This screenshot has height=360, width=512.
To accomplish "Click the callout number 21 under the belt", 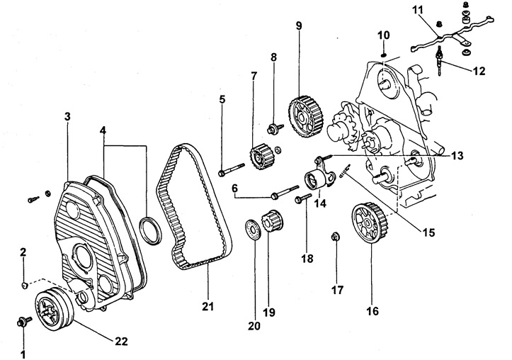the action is pyautogui.click(x=207, y=306).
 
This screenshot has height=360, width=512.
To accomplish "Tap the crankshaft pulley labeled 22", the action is pyautogui.click(x=55, y=310).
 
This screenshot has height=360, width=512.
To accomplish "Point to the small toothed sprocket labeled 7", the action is pyautogui.click(x=261, y=157).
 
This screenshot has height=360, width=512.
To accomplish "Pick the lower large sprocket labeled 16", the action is pyautogui.click(x=370, y=223).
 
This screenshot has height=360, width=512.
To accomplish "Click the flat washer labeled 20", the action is pyautogui.click(x=254, y=230).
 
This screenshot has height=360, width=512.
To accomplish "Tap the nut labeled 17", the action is pyautogui.click(x=336, y=237).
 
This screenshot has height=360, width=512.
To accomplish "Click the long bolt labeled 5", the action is pyautogui.click(x=232, y=168).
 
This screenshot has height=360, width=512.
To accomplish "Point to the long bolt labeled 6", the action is pyautogui.click(x=285, y=193).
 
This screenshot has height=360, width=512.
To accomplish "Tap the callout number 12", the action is pyautogui.click(x=479, y=71).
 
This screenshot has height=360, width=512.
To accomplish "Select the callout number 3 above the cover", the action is pyautogui.click(x=67, y=116).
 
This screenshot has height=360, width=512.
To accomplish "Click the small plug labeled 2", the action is pyautogui.click(x=24, y=286).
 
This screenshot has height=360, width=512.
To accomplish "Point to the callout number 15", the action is pyautogui.click(x=428, y=232).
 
